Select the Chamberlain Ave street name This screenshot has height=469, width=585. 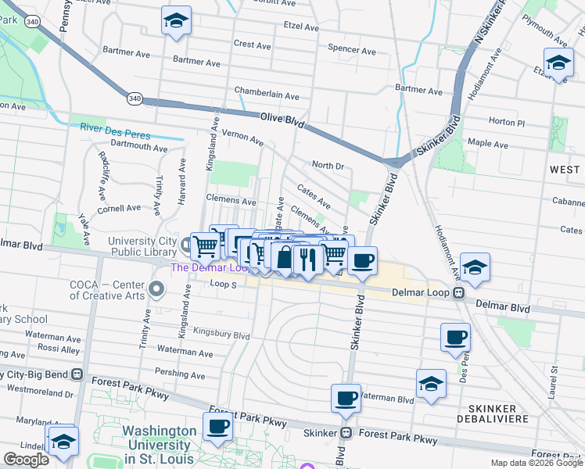coord(267,96)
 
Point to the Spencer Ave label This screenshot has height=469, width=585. coord(351,49)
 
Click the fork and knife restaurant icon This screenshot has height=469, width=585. coord(308,259)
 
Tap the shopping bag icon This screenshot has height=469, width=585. coord(284,256)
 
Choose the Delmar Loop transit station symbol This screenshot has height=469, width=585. coord(460,294)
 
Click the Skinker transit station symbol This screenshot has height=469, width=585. coord(344,433)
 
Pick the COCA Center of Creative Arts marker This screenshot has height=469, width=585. coord(156,290)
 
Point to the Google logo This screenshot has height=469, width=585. coord(26,460)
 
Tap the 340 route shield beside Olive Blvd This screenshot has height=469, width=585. coord(135,98)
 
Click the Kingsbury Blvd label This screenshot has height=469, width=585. coord(221,335)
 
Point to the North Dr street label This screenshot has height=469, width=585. coord(328,166)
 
